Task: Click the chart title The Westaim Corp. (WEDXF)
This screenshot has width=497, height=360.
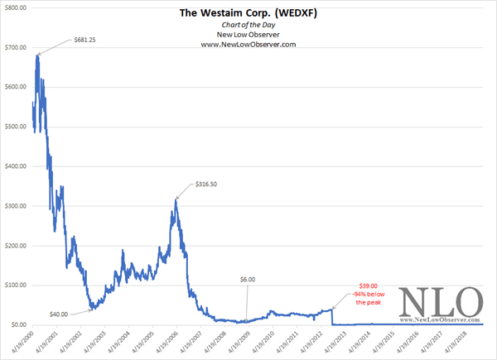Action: pos(249,13)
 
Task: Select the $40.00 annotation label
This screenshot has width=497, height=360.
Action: pos(58,313)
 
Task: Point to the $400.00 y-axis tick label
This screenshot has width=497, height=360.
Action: pos(16,166)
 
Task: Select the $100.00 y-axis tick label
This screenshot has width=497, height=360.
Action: pos(16,286)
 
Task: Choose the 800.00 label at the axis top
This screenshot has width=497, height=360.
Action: pos(16,8)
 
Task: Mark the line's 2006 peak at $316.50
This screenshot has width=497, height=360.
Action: pos(176,199)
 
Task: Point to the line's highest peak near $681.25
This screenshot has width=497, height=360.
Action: pos(37,55)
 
